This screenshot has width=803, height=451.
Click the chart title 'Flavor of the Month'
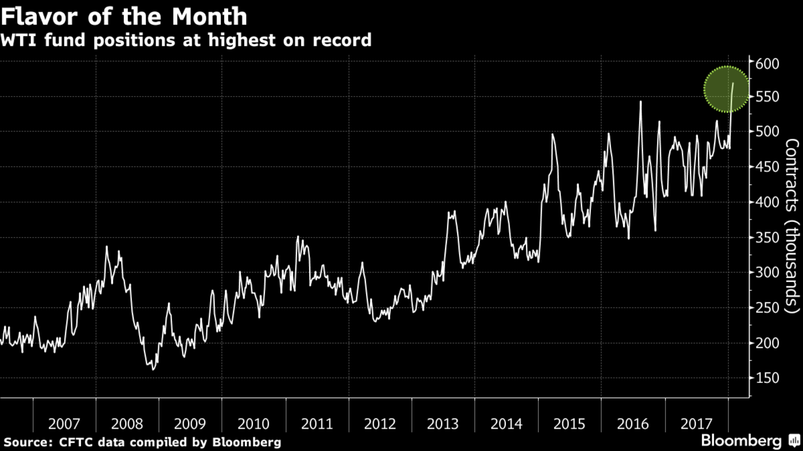pos(124,16)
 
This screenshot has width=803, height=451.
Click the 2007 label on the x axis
pos(64,424)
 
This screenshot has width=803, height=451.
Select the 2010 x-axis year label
pos(254,424)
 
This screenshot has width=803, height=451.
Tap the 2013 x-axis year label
pos(443,424)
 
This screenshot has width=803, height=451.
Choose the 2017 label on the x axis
pos(696,424)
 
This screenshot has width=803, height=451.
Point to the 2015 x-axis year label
pos(570,424)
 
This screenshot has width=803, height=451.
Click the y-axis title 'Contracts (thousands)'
pos(792,226)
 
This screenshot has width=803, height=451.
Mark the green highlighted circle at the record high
pos(727,89)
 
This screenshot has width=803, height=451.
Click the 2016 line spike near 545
pos(640,102)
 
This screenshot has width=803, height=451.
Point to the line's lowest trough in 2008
pos(153,370)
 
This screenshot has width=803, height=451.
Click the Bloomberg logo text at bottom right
pos(741,441)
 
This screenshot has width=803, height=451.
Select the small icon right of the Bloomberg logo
pos(794,441)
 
